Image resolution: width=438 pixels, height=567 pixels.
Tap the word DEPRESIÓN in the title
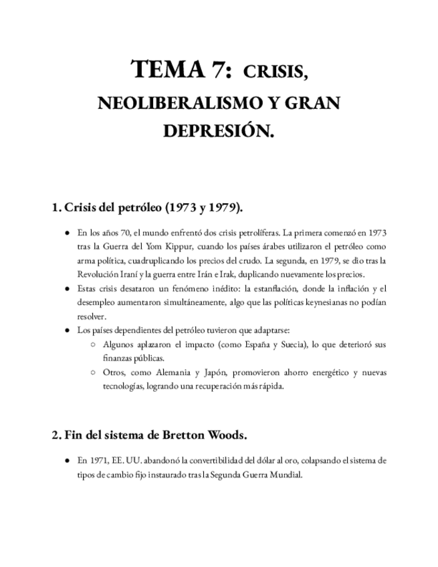(219, 132)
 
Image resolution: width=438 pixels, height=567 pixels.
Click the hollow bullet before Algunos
(92, 344)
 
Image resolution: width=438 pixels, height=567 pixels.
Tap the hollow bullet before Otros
(92, 372)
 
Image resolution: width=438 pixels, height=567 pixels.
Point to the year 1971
(97, 461)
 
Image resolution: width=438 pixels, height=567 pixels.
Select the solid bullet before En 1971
(67, 461)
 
